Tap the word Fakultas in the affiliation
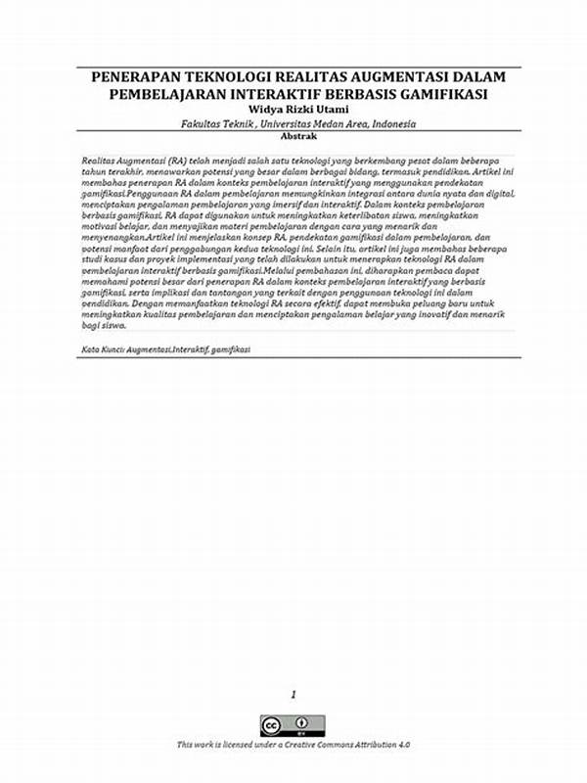202,124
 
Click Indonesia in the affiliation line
389,124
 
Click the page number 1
293,694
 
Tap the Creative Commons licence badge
293,725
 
